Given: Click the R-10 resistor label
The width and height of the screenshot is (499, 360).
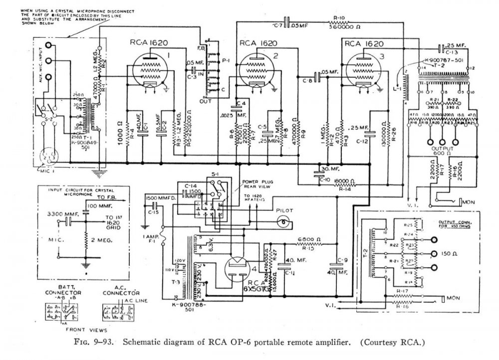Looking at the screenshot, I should pos(340,17).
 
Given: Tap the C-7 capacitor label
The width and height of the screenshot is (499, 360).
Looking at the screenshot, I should pos(278,24).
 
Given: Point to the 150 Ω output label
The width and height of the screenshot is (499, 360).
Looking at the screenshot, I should pos(452,253).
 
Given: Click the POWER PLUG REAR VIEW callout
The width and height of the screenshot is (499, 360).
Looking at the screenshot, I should pos(257,184).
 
